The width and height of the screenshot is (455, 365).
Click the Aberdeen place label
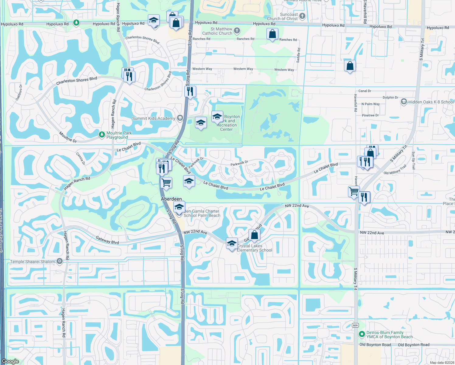[x=171, y=199]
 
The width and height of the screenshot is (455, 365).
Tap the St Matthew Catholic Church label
[x=217, y=31]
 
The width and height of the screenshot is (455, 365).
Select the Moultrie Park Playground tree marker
[x=102, y=134]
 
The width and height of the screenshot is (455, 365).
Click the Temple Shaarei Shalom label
[x=33, y=262]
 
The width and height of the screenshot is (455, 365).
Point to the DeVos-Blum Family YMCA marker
[x=362, y=334]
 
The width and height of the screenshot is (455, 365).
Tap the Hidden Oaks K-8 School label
[x=431, y=102]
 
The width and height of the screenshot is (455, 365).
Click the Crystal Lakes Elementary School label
[x=255, y=248]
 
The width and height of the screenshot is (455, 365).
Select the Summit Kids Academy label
[x=154, y=118]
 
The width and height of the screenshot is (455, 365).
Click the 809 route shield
[x=355, y=325]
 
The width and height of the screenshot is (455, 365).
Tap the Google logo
[x=10, y=361]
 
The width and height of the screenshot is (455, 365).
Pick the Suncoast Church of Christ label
[x=282, y=16]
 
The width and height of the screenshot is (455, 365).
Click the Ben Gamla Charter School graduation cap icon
[x=179, y=207]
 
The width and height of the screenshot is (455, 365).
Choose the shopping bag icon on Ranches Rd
[x=272, y=34]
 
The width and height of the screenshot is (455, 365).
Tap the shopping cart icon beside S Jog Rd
[x=166, y=183]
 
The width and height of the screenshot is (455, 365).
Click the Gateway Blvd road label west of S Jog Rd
[x=107, y=240]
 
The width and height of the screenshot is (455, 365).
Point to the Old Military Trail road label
[x=395, y=170]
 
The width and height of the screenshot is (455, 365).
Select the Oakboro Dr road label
[x=19, y=92]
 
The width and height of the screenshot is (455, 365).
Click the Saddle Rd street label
[x=298, y=55]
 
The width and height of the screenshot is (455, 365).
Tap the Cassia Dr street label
[x=81, y=159]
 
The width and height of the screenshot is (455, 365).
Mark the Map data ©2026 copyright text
[x=442, y=363]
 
